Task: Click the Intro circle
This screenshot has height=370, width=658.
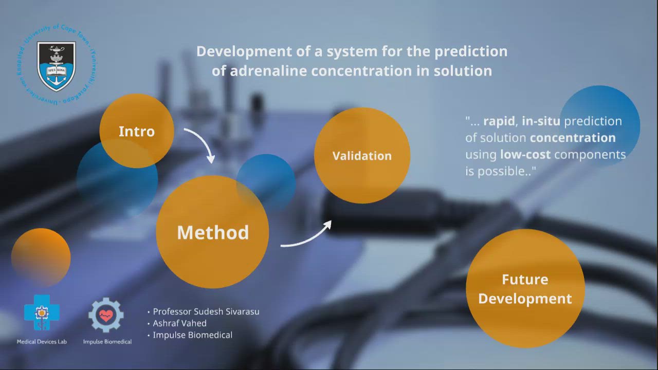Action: pyautogui.click(x=137, y=131)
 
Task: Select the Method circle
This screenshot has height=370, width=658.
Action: pyautogui.click(x=212, y=232)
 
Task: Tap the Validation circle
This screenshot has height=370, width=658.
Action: pyautogui.click(x=362, y=155)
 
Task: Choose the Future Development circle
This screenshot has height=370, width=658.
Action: pyautogui.click(x=525, y=289)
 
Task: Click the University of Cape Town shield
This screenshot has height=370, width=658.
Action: pyautogui.click(x=56, y=66)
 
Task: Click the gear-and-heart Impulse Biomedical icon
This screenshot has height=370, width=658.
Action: pyautogui.click(x=106, y=315)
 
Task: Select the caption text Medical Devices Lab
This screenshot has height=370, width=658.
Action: pyautogui.click(x=42, y=342)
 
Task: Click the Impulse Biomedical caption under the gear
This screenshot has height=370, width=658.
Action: pyautogui.click(x=107, y=342)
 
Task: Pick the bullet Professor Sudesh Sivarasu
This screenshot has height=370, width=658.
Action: pyautogui.click(x=203, y=311)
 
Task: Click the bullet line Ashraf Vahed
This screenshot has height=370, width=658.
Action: pyautogui.click(x=177, y=323)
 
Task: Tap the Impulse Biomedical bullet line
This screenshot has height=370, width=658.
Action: pyautogui.click(x=190, y=335)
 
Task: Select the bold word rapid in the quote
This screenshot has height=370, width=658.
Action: pyautogui.click(x=499, y=121)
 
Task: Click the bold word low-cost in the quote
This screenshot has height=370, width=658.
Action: pyautogui.click(x=525, y=155)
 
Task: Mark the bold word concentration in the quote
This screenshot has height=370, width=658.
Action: pyautogui.click(x=573, y=138)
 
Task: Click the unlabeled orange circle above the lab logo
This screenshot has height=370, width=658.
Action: pyautogui.click(x=41, y=257)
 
